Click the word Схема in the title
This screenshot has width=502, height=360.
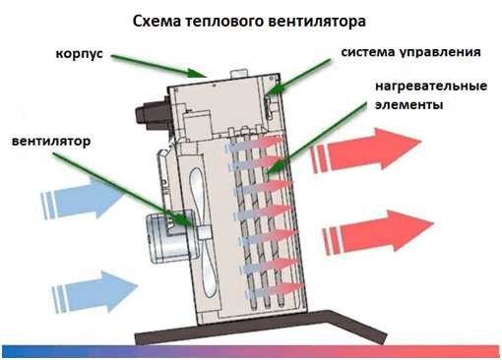pyautogui.click(x=157, y=22)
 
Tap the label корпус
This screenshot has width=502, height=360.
pyautogui.click(x=80, y=54)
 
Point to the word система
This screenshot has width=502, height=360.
pyautogui.click(x=368, y=52)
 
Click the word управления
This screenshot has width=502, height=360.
pyautogui.click(x=440, y=52)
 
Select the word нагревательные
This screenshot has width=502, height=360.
pyautogui.click(x=431, y=87)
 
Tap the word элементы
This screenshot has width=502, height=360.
pyautogui.click(x=408, y=105)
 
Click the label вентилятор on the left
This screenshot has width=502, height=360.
pyautogui.click(x=51, y=142)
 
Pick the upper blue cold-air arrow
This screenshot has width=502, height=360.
pyautogui.click(x=82, y=199)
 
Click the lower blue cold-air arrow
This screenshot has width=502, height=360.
pyautogui.click(x=94, y=292)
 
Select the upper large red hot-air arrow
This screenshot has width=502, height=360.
pyautogui.click(x=366, y=150)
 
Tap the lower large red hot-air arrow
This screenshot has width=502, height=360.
pyautogui.click(x=379, y=231)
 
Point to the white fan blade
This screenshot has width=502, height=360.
pyautogui.click(x=201, y=231)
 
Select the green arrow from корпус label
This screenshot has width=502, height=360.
pyautogui.click(x=159, y=66)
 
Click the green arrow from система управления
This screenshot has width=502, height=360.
pyautogui.click(x=297, y=76)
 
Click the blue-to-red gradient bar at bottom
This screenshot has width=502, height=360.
pyautogui.click(x=251, y=351)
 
